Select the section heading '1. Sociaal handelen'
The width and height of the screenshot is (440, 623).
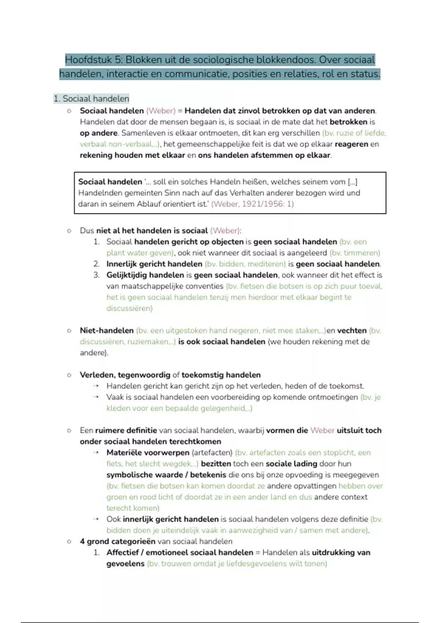coord(91,99)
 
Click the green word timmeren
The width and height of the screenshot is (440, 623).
coord(362,253)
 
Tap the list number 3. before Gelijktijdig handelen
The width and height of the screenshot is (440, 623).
coord(96,275)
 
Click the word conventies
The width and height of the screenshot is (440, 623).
coord(204,286)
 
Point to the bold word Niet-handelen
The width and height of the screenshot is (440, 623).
coord(107,331)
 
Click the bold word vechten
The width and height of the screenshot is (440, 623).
coord(352,331)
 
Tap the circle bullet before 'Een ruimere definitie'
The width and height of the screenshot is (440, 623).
coord(69,430)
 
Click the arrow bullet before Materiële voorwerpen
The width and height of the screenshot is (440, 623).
coord(96,453)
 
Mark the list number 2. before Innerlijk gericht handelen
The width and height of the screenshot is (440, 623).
coord(96,264)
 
